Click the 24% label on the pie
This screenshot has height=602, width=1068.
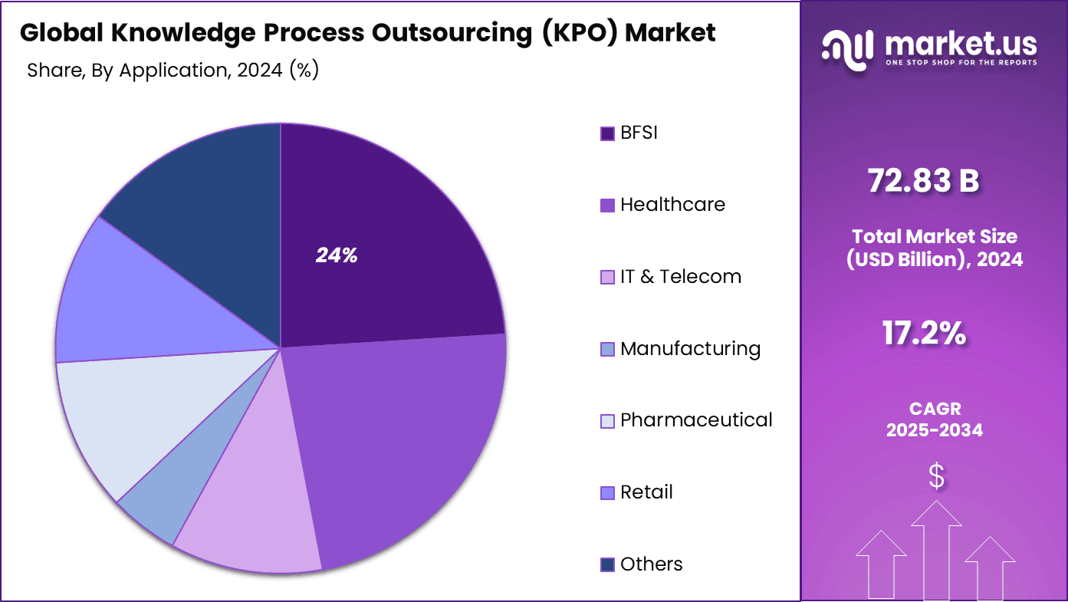tap(337, 256)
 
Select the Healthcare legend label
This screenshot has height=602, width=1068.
tap(672, 205)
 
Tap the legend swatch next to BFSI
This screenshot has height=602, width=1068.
tap(607, 133)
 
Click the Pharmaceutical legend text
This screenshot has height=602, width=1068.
tap(696, 420)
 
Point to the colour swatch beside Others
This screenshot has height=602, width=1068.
tap(607, 565)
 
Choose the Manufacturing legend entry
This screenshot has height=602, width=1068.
tap(690, 349)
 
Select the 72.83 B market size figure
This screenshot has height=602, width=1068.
tap(923, 181)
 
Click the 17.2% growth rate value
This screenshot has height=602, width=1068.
tap(923, 334)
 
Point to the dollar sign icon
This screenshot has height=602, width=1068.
tap(935, 477)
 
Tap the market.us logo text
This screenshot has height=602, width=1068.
tap(960, 43)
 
